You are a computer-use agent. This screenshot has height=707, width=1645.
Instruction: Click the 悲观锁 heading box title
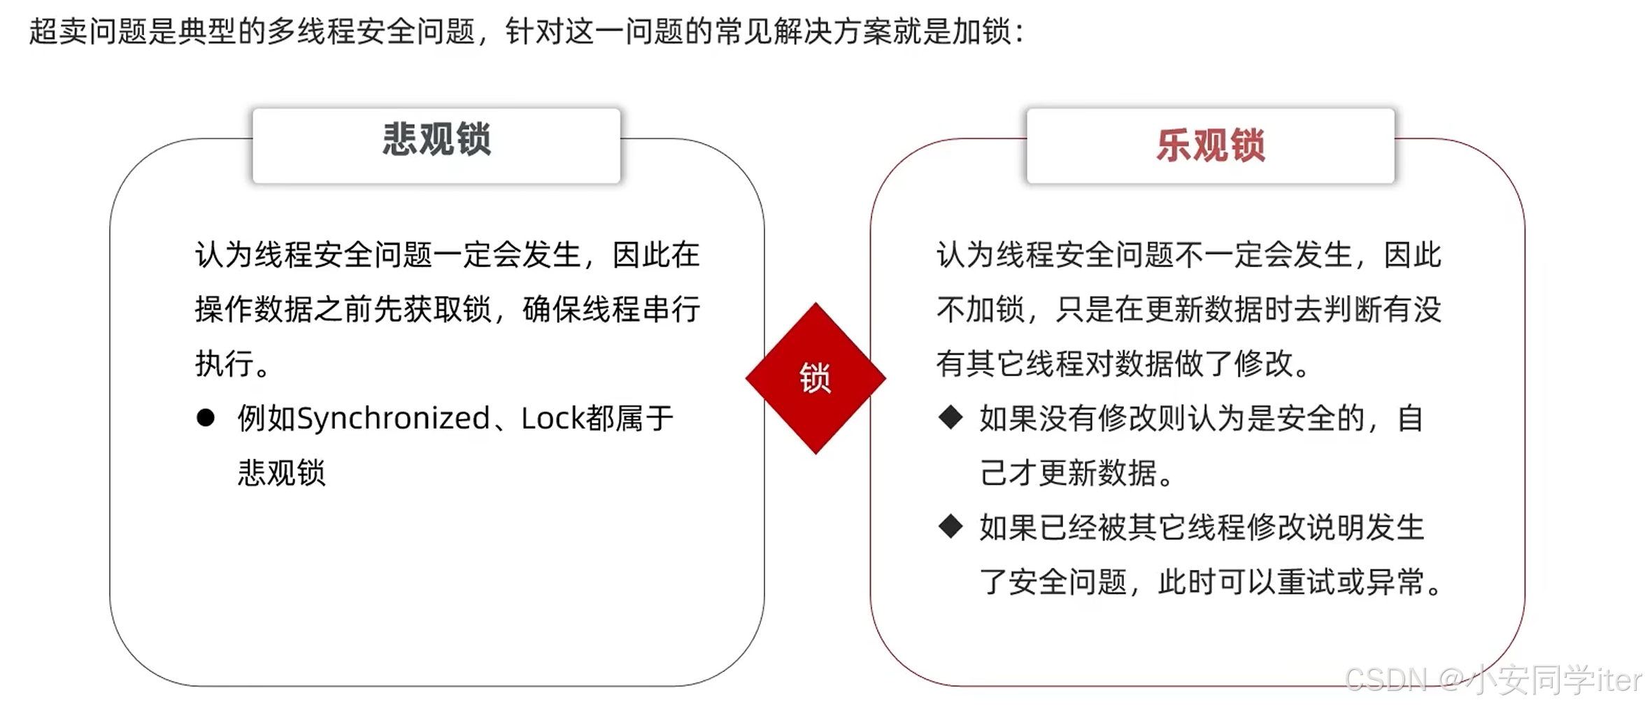coord(436,139)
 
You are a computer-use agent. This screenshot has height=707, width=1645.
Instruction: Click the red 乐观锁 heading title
coord(1211,146)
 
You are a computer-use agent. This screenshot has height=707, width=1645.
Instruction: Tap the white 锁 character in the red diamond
coord(816,378)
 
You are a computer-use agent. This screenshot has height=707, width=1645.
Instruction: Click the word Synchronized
coord(393,418)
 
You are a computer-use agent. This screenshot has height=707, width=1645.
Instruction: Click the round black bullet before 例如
coord(206,418)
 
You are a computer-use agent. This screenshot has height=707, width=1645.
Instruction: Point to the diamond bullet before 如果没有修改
coord(950,417)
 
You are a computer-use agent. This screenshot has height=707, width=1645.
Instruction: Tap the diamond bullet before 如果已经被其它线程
coord(950,527)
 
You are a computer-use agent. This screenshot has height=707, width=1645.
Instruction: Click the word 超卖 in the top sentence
coord(59,31)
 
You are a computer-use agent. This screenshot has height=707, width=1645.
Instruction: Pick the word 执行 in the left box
coord(225,364)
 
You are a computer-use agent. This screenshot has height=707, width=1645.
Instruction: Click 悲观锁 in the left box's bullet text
coord(282,473)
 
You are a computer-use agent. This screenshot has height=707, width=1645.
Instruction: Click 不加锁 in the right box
coord(981,309)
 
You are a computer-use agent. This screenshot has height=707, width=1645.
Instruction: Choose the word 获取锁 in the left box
coord(448,309)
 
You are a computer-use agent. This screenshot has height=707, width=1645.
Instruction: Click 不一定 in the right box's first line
coord(1219,255)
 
